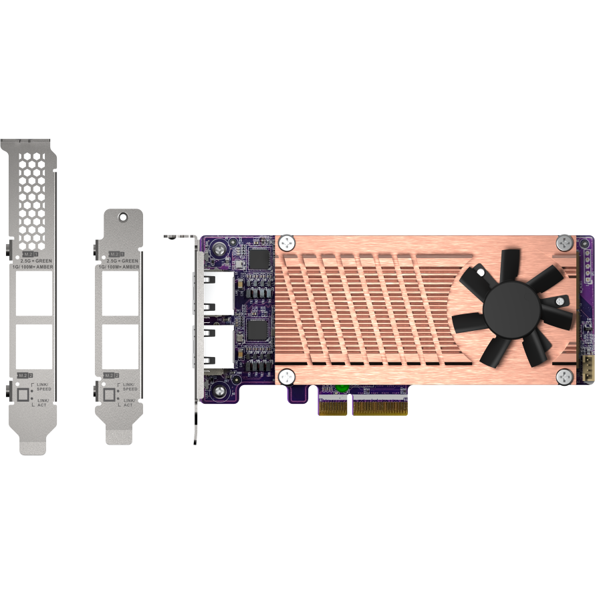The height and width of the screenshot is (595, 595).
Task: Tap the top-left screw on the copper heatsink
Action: pos(287,243)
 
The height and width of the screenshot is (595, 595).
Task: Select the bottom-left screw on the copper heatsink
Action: pos(287,376)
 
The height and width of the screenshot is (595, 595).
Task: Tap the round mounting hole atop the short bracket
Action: pos(123,217)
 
